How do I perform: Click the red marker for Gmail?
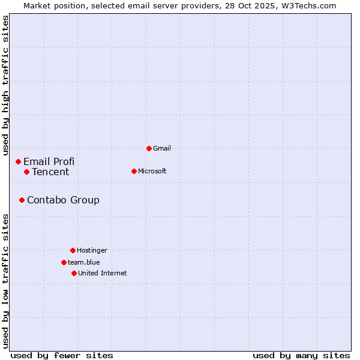click(149, 148)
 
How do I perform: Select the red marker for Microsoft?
click(134, 171)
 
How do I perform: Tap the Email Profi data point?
click(18, 161)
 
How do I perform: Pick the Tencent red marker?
click(26, 172)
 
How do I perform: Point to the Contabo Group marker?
click(22, 200)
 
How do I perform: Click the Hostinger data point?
click(73, 250)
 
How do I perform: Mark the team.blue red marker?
click(64, 262)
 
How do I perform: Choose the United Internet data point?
click(74, 273)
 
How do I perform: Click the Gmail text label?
click(162, 148)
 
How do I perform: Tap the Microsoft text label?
click(152, 171)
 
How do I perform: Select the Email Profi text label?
click(49, 161)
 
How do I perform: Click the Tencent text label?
click(50, 172)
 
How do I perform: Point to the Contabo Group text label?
click(63, 200)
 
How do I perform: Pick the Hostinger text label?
click(92, 250)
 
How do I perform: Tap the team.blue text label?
click(84, 262)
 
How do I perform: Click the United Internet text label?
click(103, 273)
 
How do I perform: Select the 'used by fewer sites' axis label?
click(62, 355)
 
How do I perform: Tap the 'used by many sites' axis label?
click(301, 355)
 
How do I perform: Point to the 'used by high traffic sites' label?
click(6, 84)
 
